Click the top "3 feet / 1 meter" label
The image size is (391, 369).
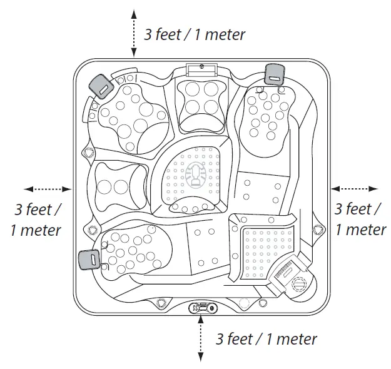[195, 34]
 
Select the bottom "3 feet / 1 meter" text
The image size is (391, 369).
[266, 340]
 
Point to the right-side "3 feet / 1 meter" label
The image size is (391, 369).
[360, 219]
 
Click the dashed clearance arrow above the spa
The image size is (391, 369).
[133, 34]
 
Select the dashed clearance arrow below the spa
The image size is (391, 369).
[201, 338]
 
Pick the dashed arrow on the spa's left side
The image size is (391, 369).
[48, 188]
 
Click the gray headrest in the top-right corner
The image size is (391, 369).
[274, 73]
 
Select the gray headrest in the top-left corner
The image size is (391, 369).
[99, 85]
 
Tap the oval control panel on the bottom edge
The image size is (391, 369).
[201, 308]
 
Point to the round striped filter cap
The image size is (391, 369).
[300, 283]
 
